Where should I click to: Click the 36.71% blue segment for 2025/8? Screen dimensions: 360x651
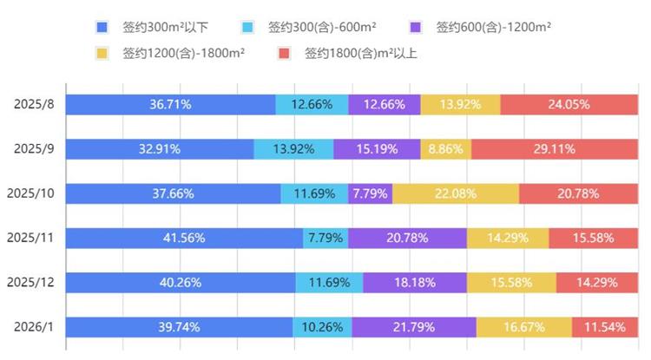coord(170,104)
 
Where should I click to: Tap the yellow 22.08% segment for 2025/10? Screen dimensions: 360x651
coord(456,193)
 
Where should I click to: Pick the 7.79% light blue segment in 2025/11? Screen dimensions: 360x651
coord(325,238)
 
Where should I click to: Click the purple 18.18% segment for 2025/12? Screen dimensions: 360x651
coord(415,282)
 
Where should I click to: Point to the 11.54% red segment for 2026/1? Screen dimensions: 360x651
coord(604,327)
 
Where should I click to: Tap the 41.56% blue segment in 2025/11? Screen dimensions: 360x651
coord(184,238)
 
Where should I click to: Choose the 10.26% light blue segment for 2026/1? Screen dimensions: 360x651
coord(322,327)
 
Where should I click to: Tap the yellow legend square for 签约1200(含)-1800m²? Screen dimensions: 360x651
coord(102,53)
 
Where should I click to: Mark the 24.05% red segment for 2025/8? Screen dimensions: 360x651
coord(569,104)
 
